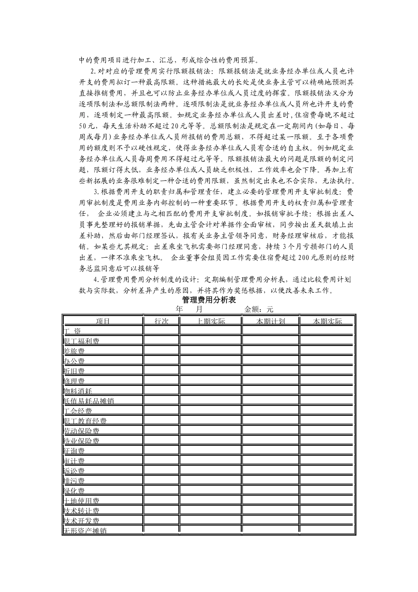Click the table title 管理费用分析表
[209, 300]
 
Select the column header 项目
[103, 321]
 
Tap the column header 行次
[161, 321]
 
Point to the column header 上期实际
[211, 321]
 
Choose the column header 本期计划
[271, 321]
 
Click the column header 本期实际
[327, 321]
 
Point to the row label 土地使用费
[81, 501]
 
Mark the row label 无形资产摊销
[85, 531]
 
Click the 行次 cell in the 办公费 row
[161, 361]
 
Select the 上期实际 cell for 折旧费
[211, 371]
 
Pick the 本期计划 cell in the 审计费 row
[271, 461]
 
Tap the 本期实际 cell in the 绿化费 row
[327, 491]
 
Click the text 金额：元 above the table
[259, 310]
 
